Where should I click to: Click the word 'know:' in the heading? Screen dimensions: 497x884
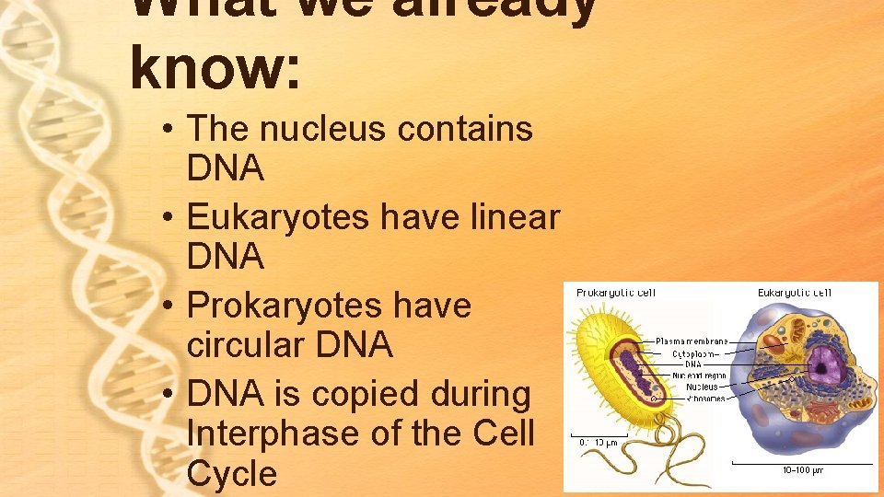(215, 68)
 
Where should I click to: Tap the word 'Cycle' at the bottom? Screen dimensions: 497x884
(231, 473)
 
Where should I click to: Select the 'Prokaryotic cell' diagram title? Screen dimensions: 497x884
(616, 293)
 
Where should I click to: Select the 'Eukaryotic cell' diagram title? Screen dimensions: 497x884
(794, 293)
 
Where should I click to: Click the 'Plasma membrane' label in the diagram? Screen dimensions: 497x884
(692, 341)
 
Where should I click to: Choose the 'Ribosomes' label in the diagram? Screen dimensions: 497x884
(701, 398)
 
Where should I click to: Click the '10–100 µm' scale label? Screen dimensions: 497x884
(802, 470)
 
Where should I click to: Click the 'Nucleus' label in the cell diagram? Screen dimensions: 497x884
(702, 387)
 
